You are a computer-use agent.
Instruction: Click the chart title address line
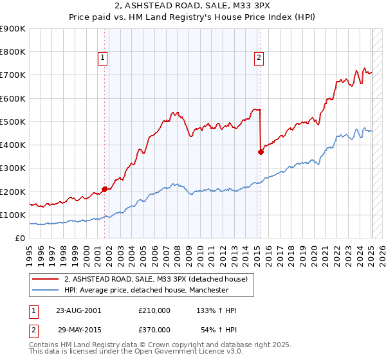[x=192, y=7]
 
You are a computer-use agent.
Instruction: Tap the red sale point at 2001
[x=104, y=189]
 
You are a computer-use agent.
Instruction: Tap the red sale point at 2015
[x=261, y=152]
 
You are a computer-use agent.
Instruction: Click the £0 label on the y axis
[x=19, y=238]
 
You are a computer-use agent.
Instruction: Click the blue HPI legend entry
[x=146, y=291]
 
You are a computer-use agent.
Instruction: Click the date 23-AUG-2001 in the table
[x=78, y=310]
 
